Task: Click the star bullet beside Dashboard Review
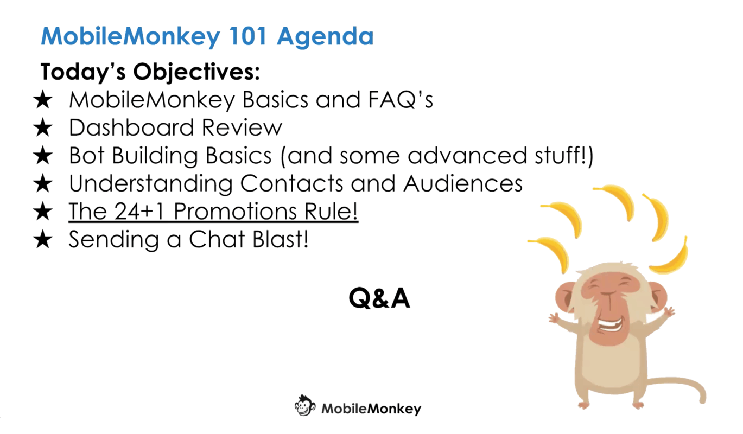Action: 43,129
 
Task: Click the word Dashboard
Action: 131,127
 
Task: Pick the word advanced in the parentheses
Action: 467,156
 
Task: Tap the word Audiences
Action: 463,183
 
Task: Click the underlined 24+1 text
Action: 139,211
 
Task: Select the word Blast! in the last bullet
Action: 280,239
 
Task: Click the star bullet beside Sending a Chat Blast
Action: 43,240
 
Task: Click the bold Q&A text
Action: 379,298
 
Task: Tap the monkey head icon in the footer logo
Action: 305,405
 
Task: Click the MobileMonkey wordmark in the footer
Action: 371,409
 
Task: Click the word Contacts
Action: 291,183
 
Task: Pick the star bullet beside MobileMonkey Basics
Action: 43,100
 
